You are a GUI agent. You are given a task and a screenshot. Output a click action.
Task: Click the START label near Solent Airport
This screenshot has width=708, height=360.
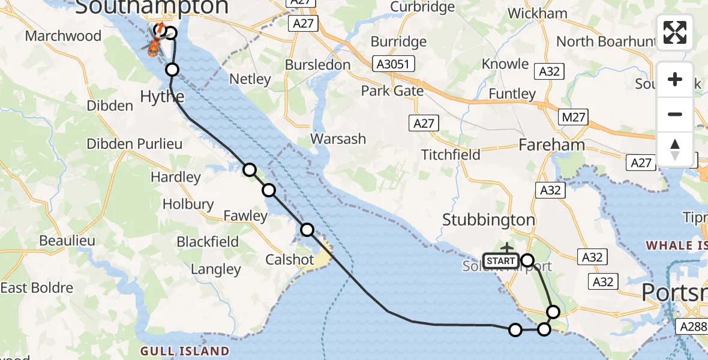point(500,261)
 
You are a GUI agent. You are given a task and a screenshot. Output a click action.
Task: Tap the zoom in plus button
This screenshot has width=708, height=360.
point(675,80)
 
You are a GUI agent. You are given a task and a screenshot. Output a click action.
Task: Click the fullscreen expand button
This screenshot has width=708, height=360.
point(675,32)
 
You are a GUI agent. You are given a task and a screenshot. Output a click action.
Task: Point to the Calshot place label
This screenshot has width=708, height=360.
point(290,260)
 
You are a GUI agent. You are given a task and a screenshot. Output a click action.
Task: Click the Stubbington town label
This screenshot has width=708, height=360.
point(488,220)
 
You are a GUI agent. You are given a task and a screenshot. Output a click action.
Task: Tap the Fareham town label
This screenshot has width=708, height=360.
point(551,145)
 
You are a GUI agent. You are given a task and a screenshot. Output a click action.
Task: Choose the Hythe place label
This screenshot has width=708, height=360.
point(161,96)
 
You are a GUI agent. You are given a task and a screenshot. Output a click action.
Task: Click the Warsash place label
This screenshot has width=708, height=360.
point(338,139)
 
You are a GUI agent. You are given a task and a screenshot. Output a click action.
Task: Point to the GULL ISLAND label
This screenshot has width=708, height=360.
point(185,351)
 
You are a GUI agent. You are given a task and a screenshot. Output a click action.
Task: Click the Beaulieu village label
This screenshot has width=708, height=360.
point(67,241)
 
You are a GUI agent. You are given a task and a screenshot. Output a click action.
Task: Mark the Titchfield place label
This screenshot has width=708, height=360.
point(451,155)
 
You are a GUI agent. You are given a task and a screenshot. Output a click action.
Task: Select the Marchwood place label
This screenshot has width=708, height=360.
point(63,36)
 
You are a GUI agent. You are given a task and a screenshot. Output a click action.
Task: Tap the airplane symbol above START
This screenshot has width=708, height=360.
point(507,248)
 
